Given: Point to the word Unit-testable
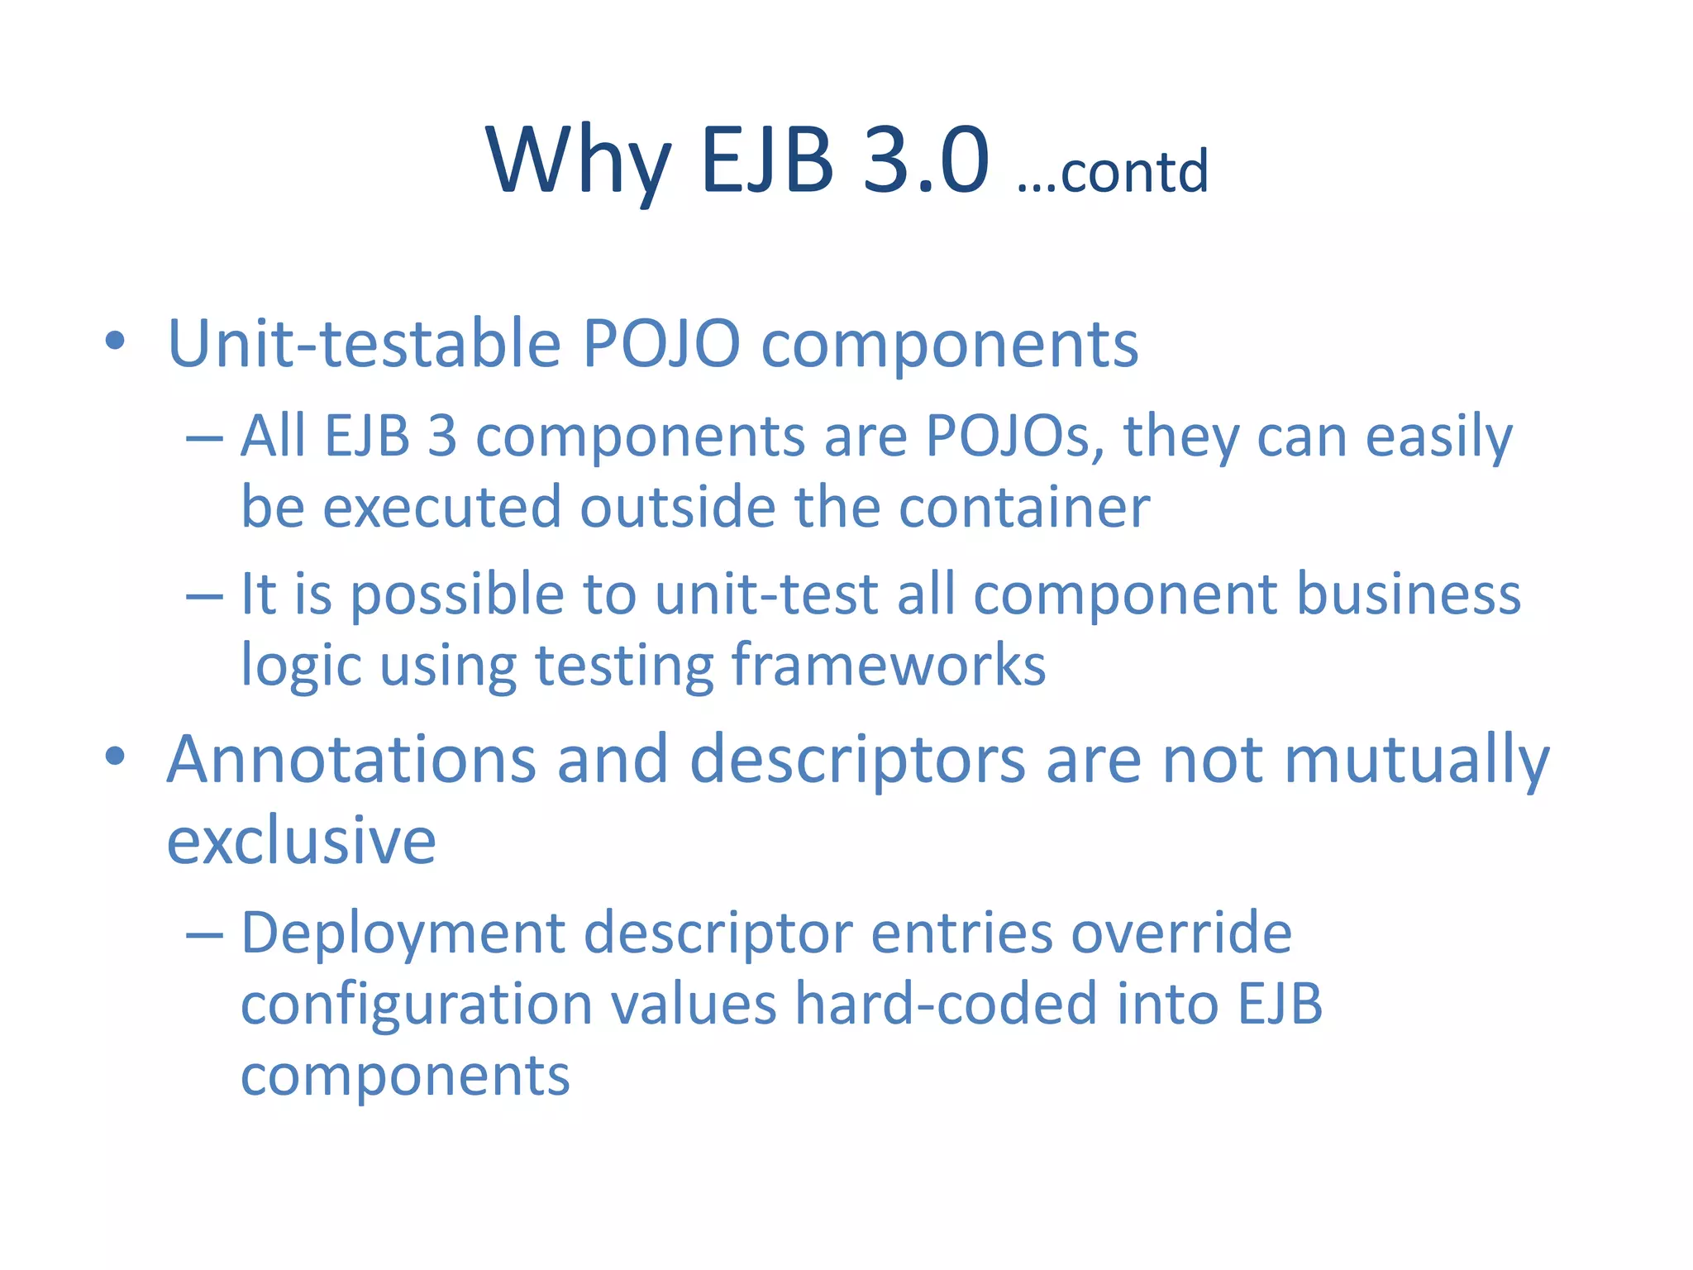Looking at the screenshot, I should pyautogui.click(x=365, y=343).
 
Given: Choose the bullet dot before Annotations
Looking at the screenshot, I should pyautogui.click(x=115, y=756).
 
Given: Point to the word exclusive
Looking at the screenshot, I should pyautogui.click(x=301, y=840).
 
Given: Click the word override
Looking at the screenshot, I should pyautogui.click(x=1181, y=933).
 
